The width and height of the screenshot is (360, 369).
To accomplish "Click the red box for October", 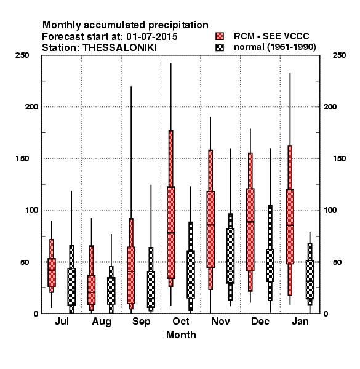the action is tap(170, 232).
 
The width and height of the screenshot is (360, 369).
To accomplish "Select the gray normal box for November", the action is tap(230, 256).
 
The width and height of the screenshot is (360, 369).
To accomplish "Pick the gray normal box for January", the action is tap(310, 279).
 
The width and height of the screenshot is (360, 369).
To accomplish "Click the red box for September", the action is tap(131, 275).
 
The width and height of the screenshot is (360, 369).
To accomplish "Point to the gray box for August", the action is tap(111, 291).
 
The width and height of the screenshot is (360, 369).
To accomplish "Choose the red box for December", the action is tap(250, 229).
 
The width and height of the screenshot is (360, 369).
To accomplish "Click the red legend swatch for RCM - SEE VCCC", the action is tap(220, 36).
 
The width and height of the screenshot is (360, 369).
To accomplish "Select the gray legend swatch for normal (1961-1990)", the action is tap(220, 47).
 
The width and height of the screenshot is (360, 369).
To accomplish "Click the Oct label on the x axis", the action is tap(181, 321).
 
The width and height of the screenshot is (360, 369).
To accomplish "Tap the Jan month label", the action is tap(300, 321).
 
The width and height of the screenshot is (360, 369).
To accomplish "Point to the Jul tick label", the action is tap(62, 321).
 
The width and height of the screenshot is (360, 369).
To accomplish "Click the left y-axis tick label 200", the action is tap(31, 106).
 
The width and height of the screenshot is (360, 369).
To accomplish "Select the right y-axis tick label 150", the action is tap(339, 159).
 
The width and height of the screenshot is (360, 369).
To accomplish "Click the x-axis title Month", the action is tap(181, 335).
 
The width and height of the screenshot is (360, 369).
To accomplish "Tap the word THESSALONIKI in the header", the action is tap(119, 48).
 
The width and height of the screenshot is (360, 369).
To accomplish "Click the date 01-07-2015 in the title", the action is tap(152, 37).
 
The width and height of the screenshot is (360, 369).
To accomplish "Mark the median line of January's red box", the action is tap(290, 225).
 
